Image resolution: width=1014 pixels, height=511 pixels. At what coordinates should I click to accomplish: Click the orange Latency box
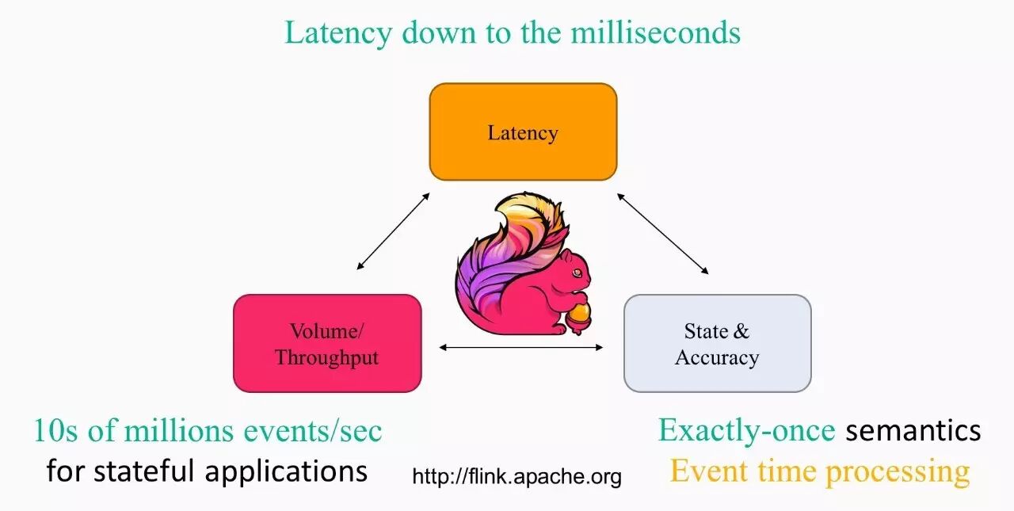(x=523, y=132)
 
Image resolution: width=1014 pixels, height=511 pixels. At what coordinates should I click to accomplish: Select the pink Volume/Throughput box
(x=327, y=343)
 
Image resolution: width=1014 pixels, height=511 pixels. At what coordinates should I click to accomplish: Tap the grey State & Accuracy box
(x=717, y=343)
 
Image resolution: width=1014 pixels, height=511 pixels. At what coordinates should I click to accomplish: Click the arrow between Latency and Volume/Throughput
(x=393, y=231)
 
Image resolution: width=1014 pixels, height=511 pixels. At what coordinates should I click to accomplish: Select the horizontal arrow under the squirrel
(x=521, y=346)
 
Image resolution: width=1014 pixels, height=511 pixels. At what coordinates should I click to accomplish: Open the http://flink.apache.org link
(x=517, y=476)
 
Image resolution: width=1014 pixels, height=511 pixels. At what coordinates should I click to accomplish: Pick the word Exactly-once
(x=746, y=430)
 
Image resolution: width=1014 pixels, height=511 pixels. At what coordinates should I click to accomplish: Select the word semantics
(x=913, y=431)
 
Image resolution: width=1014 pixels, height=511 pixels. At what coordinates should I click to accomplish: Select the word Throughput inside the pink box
(x=327, y=357)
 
